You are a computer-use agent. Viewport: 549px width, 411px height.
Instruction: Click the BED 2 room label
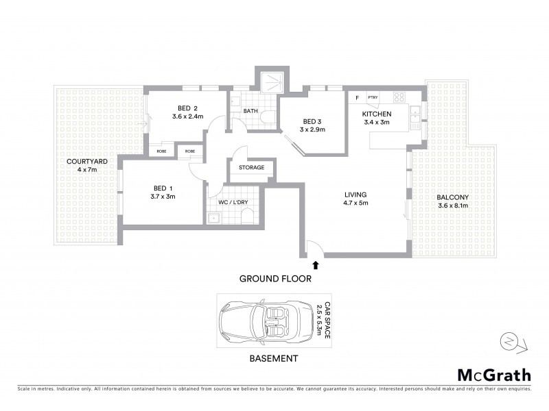(x=188, y=108)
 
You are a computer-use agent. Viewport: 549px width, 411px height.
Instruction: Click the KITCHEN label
(x=377, y=114)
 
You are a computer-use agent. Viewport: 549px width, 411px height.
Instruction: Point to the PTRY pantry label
(x=373, y=97)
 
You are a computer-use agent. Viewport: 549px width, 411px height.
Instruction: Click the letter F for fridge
(x=357, y=97)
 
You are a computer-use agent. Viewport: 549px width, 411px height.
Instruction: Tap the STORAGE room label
(x=251, y=167)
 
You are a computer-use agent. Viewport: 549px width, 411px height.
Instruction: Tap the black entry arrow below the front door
(x=316, y=264)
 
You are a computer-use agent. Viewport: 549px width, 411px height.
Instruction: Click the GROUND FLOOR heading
(x=275, y=279)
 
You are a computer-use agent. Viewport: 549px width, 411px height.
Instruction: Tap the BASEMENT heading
(x=273, y=358)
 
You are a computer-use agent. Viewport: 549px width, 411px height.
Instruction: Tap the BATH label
(x=250, y=111)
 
